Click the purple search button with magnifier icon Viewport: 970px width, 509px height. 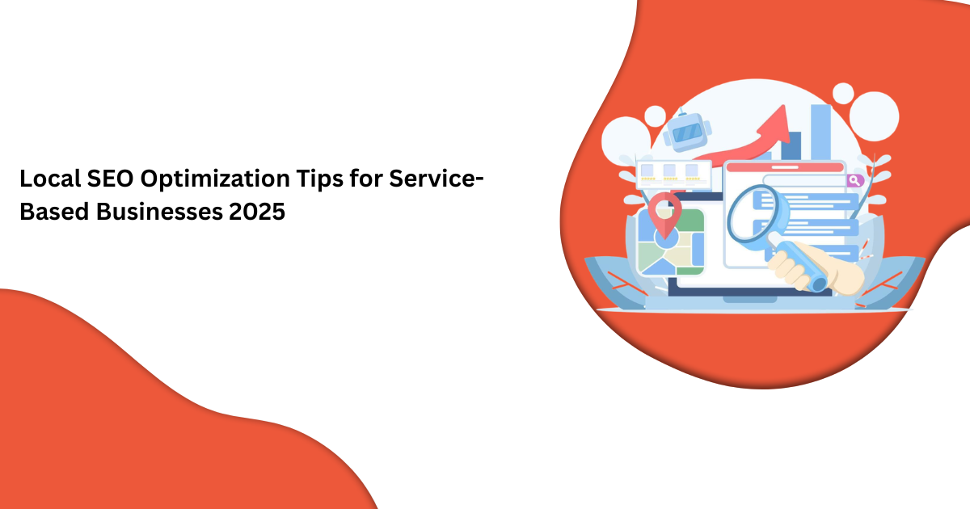pos(854,181)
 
